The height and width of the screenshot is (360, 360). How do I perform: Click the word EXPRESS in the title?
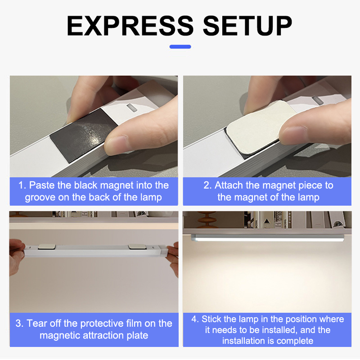tap(130, 26)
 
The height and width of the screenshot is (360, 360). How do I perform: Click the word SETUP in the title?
tap(247, 26)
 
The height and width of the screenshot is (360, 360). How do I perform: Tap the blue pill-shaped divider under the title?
tap(180, 47)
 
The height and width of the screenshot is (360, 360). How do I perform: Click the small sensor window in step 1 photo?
tap(132, 108)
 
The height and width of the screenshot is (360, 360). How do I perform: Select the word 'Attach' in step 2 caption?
tap(229, 185)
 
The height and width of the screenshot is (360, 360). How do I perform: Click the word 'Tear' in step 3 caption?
tap(37, 323)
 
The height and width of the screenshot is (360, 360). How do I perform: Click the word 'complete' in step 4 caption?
tap(295, 341)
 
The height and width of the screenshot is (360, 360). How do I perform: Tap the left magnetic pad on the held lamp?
tap(47, 247)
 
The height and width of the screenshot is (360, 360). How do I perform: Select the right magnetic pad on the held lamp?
tap(137, 247)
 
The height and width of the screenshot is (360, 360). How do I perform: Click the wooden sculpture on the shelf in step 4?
tap(207, 219)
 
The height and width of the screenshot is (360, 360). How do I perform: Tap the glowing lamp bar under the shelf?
tap(267, 238)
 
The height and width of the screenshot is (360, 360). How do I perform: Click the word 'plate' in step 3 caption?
tap(137, 336)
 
